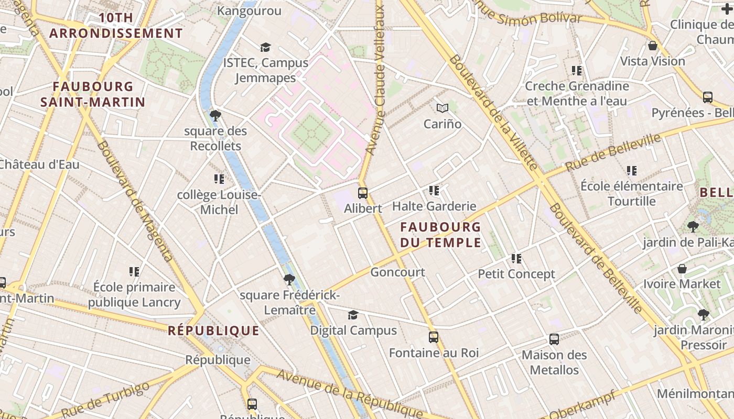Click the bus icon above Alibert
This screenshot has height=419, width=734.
[x=362, y=193]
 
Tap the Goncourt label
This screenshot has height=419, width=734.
[x=397, y=272]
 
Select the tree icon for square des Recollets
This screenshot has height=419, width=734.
[x=215, y=115]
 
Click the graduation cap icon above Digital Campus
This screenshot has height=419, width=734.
[x=353, y=315]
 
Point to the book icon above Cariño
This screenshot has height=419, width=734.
[x=442, y=108]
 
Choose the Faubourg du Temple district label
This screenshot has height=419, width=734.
[x=440, y=235]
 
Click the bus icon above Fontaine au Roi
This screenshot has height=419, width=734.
[x=433, y=337]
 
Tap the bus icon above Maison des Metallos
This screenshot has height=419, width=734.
[x=554, y=339]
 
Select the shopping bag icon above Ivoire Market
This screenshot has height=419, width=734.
[x=682, y=268]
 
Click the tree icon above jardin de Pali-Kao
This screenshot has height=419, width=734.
[x=693, y=226]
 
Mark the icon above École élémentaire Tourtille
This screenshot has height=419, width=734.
[x=632, y=170]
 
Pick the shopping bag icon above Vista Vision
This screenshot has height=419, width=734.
[x=653, y=46]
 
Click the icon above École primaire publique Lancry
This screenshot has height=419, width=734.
[x=134, y=271]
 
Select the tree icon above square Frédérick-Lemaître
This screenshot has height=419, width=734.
[x=289, y=279]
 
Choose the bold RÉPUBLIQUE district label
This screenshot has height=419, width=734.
[x=213, y=330]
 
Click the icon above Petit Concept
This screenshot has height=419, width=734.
[x=516, y=258]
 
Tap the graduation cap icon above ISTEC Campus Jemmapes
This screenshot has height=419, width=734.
[x=265, y=47]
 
